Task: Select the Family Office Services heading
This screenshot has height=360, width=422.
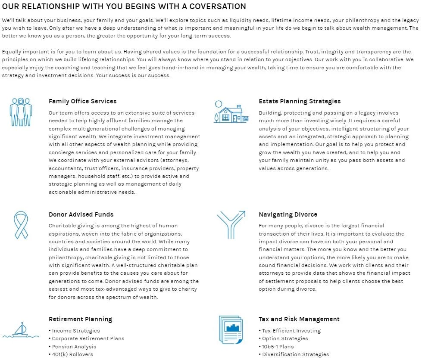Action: (82, 101)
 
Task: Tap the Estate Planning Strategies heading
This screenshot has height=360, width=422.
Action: (300, 101)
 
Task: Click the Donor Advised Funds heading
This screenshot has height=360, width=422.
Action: (81, 214)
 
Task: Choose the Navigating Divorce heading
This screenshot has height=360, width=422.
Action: (288, 214)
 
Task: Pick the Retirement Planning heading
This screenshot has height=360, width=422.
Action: (80, 319)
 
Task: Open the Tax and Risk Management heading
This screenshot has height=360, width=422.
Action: (299, 319)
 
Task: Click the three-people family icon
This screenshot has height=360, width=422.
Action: (21, 112)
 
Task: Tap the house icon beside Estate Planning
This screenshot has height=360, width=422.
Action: (231, 113)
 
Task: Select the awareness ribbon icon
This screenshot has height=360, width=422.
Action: (21, 225)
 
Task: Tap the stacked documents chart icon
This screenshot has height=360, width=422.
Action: (231, 329)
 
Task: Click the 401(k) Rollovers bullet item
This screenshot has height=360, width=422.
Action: (72, 354)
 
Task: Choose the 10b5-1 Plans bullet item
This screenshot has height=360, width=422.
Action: (278, 347)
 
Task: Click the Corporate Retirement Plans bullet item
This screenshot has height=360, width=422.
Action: (88, 338)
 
